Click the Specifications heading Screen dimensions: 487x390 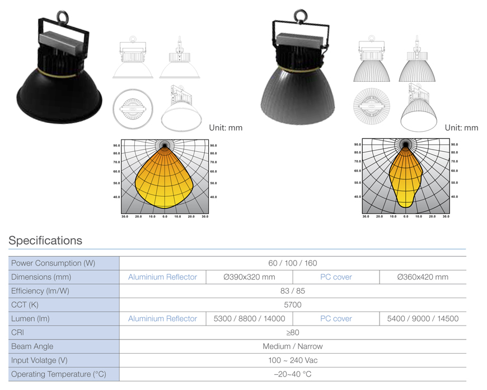coord(45,240)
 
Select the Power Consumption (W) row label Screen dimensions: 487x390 coord(53,263)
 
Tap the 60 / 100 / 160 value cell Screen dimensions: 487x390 coord(293,263)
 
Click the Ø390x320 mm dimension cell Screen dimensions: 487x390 coord(249,277)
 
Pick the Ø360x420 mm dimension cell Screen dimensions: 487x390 coord(423,277)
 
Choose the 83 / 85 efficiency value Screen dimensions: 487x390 coord(293,291)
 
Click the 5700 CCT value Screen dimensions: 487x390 coord(293,305)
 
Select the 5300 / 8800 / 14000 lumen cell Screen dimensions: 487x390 coord(249,318)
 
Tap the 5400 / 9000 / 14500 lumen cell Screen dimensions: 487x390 coord(423,318)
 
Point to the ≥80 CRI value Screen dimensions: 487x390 coord(293,332)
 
